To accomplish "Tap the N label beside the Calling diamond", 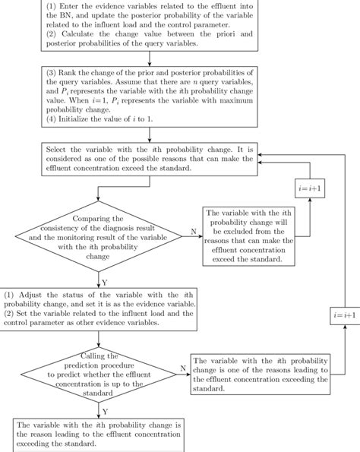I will (x=182, y=367).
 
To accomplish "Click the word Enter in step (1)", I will (x=72, y=7).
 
